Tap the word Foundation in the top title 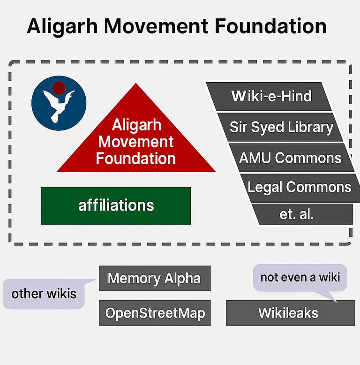click(270, 26)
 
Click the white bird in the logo click(58, 106)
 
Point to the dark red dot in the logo click(59, 88)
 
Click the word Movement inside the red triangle click(136, 142)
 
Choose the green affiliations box click(116, 206)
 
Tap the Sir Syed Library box click(280, 127)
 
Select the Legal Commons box click(300, 188)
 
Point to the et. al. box click(302, 214)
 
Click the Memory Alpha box click(155, 278)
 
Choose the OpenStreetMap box click(155, 313)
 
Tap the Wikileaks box click(290, 313)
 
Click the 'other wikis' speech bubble click(44, 294)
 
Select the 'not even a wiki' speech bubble click(300, 277)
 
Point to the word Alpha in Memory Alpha click(182, 278)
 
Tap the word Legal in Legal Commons click(265, 187)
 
